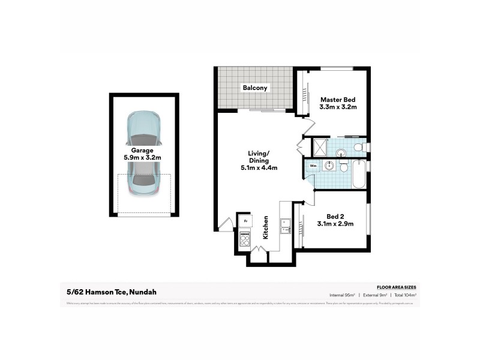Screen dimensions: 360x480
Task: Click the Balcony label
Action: [x=255, y=88]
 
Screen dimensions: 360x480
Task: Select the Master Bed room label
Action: [x=338, y=100]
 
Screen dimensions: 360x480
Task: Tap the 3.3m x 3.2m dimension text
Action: [x=338, y=108]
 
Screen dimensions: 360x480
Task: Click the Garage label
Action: [x=143, y=151]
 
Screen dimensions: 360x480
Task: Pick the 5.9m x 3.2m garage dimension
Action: [x=143, y=158]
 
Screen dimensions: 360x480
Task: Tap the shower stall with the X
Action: [x=319, y=146]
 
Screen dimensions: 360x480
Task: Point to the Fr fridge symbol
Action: [x=244, y=220]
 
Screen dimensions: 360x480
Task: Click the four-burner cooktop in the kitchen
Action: [x=245, y=239]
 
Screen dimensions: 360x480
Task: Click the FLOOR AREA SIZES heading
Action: [x=396, y=288]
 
